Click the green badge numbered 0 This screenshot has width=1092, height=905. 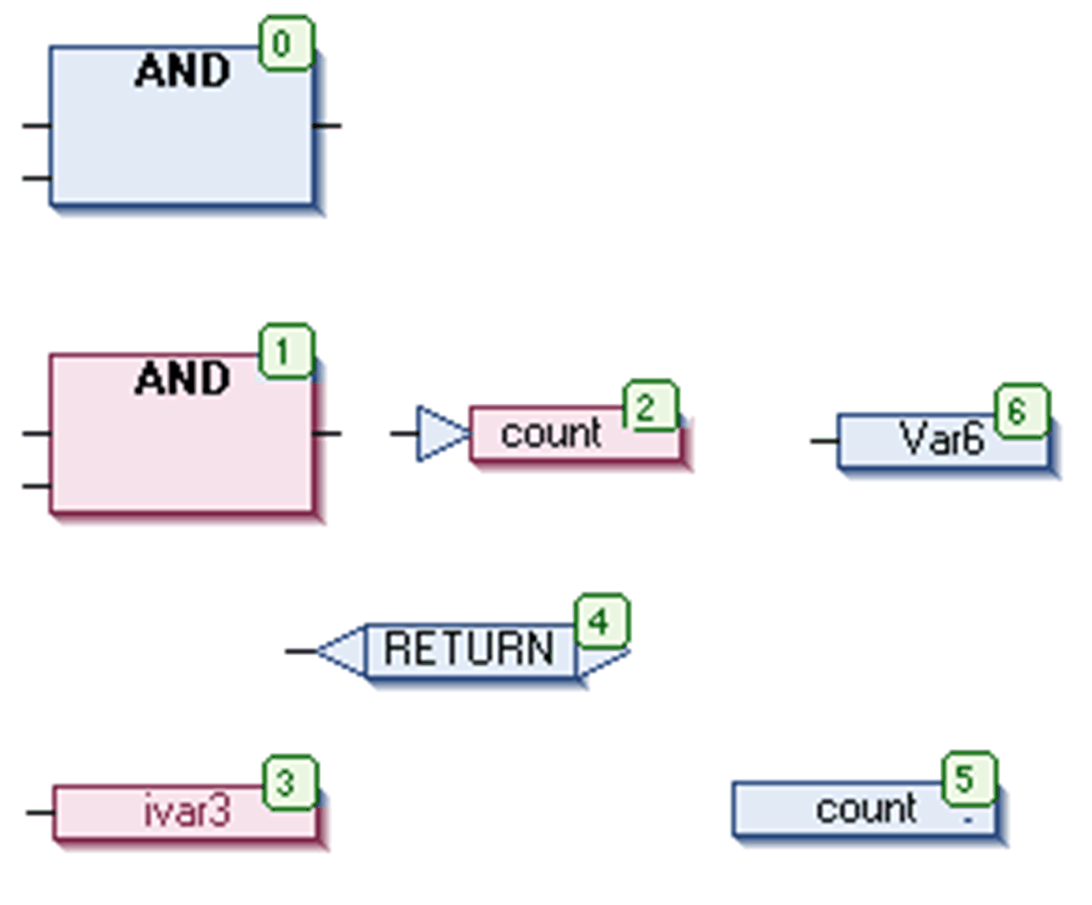286,43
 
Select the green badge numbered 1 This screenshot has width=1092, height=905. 286,351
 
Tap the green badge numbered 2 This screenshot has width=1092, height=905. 650,407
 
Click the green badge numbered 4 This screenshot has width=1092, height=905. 602,621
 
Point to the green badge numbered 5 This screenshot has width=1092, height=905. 969,778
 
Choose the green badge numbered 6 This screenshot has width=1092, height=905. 1022,411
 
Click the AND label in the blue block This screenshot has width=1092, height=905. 183,71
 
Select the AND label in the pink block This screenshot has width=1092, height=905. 183,378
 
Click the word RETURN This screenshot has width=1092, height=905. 468,648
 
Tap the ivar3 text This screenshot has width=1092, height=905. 187,810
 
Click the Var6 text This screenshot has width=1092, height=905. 941,439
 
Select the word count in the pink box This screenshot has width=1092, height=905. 551,433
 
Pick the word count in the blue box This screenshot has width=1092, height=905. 865,809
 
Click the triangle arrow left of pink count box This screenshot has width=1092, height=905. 440,433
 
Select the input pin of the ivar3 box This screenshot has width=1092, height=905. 38,812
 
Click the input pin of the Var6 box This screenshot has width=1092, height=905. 823,440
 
